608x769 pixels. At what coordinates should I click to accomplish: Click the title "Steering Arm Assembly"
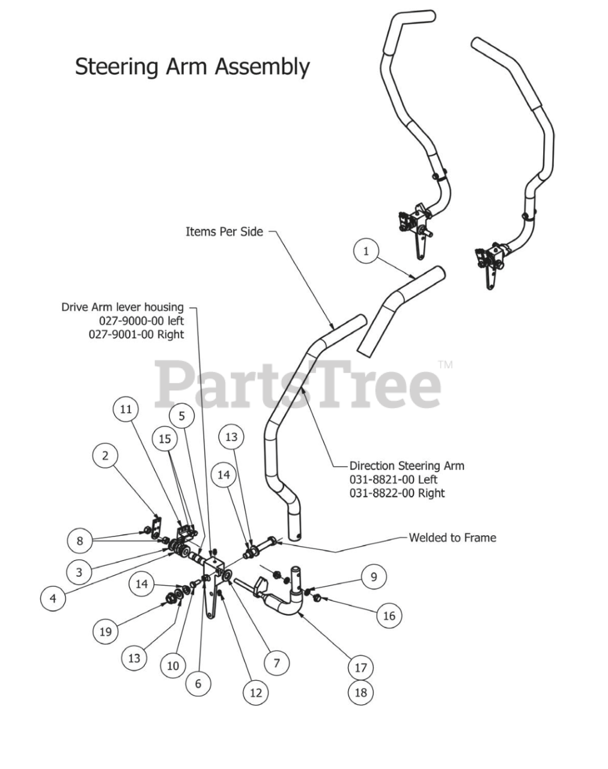pyautogui.click(x=192, y=67)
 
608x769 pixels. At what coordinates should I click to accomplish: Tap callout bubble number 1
pyautogui.click(x=366, y=251)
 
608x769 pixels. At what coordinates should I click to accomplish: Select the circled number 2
pyautogui.click(x=106, y=455)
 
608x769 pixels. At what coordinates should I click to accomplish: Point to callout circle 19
pyautogui.click(x=106, y=631)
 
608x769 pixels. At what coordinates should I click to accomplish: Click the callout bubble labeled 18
pyautogui.click(x=360, y=692)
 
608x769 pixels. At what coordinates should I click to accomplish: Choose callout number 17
pyautogui.click(x=360, y=667)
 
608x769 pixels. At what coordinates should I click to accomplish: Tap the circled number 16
pyautogui.click(x=389, y=615)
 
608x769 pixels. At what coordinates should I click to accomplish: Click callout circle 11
pyautogui.click(x=126, y=409)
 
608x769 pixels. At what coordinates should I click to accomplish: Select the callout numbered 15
pyautogui.click(x=165, y=439)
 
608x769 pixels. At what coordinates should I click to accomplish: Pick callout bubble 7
pyautogui.click(x=277, y=663)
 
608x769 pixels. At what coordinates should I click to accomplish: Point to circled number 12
pyautogui.click(x=256, y=693)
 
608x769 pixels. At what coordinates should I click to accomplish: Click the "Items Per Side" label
pyautogui.click(x=224, y=231)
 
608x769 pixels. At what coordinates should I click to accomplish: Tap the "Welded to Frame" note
pyautogui.click(x=452, y=538)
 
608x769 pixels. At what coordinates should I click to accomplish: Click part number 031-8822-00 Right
pyautogui.click(x=397, y=493)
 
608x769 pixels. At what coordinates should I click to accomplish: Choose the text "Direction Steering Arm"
pyautogui.click(x=407, y=466)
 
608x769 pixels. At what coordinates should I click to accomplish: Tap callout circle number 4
pyautogui.click(x=53, y=598)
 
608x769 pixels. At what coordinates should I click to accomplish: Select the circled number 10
pyautogui.click(x=173, y=666)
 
